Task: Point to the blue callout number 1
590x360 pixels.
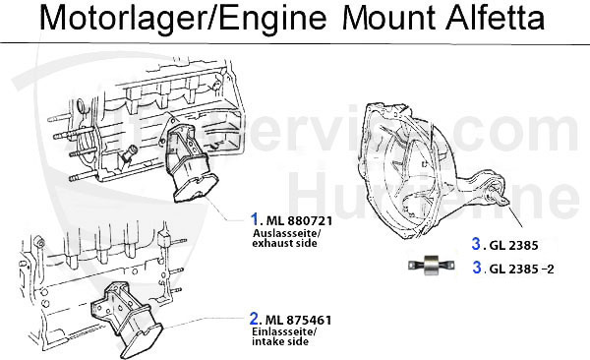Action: click(254, 220)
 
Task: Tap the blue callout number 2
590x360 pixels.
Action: click(254, 319)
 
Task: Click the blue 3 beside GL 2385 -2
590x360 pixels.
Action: click(475, 268)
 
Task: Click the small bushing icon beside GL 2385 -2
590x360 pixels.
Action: click(432, 267)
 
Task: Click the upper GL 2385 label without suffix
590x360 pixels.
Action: click(507, 244)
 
